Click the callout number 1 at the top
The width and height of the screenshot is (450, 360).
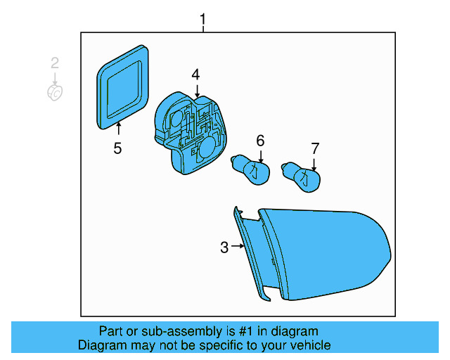pos(203,20)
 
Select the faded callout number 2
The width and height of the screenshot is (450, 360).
pos(55,63)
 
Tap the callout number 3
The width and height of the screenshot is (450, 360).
pos(224,247)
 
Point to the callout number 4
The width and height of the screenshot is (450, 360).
pos(196,75)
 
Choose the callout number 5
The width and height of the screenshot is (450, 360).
pos(118,148)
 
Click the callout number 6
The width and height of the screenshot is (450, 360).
pos(260,141)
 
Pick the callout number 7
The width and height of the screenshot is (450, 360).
pos(315,148)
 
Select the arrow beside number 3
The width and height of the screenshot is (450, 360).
pos(238,247)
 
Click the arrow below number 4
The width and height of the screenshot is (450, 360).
pos(197,90)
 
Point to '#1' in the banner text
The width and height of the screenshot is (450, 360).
pos(243,331)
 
